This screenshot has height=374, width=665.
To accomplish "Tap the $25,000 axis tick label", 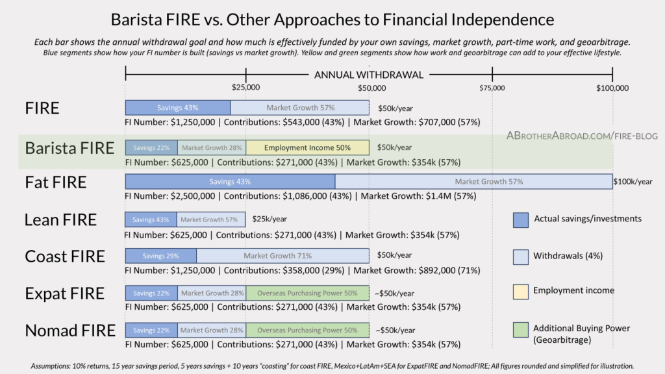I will (x=245, y=88).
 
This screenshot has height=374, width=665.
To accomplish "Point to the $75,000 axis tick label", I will (x=492, y=88).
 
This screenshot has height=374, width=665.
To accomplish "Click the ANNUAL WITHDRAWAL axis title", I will (x=369, y=75).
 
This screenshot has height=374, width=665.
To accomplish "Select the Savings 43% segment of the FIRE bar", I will (x=177, y=108).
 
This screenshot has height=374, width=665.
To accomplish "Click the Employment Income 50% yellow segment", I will (x=307, y=147).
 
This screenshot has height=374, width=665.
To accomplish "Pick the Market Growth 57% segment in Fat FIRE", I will (x=473, y=182).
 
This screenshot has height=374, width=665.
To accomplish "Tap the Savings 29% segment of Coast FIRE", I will (x=160, y=256).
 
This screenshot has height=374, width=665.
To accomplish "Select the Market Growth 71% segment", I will (x=282, y=256).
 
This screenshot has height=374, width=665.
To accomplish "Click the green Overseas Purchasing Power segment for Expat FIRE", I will (x=307, y=293).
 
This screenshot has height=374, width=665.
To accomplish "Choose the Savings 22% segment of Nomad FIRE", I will (x=151, y=330).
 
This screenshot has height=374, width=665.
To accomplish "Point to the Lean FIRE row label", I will (x=60, y=219).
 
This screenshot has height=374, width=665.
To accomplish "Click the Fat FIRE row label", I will (x=56, y=182).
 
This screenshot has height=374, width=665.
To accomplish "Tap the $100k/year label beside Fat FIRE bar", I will (x=633, y=182).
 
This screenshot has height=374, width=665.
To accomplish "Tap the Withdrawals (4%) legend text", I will (x=568, y=256).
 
